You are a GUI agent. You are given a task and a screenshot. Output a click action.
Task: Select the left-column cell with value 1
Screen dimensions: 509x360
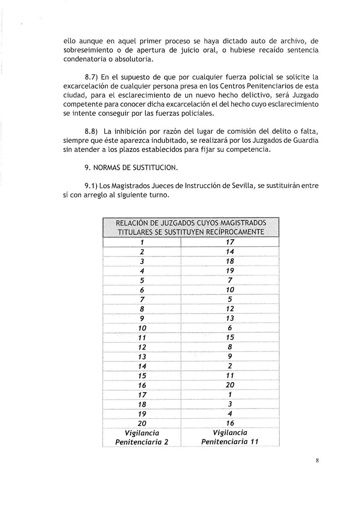pos(142,242)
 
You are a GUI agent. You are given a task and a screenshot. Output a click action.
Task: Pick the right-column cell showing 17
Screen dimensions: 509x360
pos(230,242)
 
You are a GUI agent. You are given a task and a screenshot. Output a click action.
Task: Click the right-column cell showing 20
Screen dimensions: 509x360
pos(230,385)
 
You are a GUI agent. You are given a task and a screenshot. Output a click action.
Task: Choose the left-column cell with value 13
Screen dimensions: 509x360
pos(142,357)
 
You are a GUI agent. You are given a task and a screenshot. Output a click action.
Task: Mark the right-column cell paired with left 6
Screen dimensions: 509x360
pos(230,290)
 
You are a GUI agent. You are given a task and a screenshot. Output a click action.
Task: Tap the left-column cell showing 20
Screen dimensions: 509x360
pos(142,423)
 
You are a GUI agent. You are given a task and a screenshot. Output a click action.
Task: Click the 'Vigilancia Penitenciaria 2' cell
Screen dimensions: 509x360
pos(142,437)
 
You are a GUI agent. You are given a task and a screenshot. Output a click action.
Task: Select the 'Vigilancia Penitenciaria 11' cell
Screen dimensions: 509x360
pos(230,437)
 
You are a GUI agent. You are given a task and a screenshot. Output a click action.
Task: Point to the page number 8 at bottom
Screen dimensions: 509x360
pos(317,461)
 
